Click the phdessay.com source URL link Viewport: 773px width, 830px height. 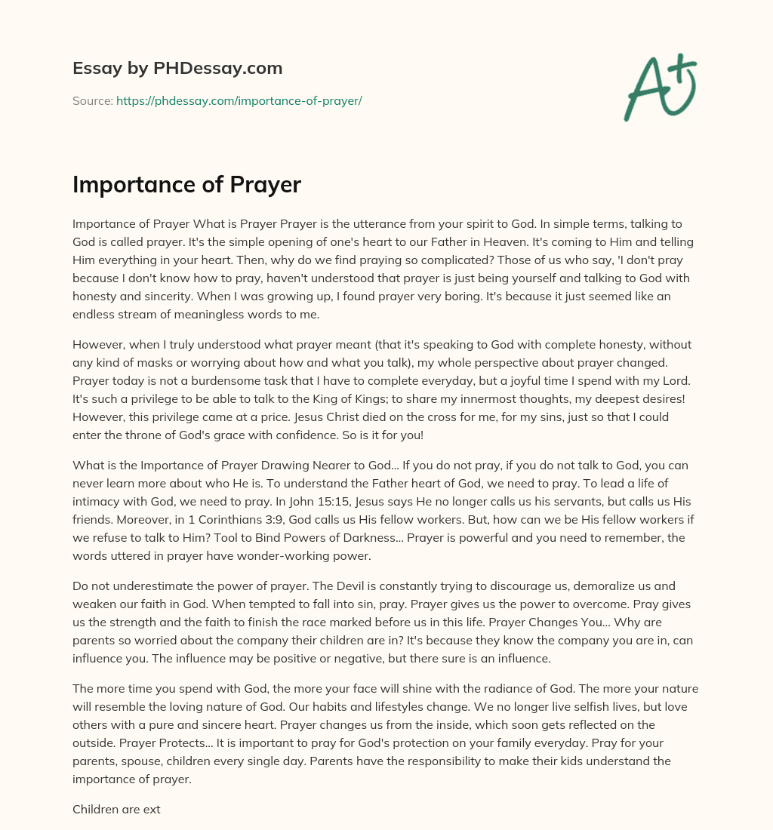point(239,100)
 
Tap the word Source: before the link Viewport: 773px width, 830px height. point(93,100)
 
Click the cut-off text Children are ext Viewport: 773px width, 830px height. point(116,809)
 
